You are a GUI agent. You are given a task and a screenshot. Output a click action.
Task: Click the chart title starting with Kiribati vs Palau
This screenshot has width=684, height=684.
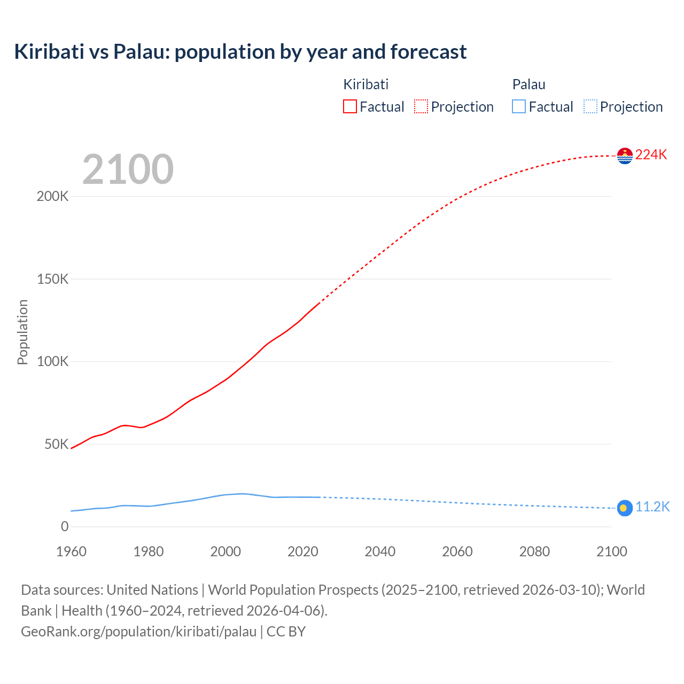pos(240,52)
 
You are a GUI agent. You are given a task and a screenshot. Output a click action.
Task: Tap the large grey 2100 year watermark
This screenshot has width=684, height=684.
pos(128,169)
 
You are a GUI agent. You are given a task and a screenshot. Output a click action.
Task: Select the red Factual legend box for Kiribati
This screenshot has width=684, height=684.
pos(349,107)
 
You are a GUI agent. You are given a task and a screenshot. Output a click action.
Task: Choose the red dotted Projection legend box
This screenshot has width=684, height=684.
pos(421,107)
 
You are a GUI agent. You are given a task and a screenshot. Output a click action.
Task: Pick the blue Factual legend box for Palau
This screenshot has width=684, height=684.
pos(519,107)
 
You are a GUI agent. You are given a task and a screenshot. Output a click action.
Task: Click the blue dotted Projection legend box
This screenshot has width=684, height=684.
pos(590,107)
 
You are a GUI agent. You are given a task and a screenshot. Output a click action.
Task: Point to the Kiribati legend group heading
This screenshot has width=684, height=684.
pos(366,84)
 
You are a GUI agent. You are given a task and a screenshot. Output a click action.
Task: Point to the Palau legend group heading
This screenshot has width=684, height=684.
pos(528,84)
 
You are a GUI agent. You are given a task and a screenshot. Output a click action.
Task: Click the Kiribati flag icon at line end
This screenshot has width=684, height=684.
pos(624,156)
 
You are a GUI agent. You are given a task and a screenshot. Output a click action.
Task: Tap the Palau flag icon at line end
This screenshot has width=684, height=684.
pos(624,508)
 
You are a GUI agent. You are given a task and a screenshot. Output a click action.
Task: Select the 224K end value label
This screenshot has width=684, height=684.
pos(651,155)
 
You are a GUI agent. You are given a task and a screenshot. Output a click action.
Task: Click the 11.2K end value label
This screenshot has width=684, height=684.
pos(652,507)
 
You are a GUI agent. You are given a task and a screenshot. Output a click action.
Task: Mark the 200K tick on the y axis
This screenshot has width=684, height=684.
pos(52,196)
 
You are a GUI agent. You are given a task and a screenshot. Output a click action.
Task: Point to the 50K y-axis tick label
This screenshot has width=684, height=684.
pos(56,444)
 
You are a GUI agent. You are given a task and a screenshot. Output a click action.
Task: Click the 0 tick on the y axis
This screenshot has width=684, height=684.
pos(65,527)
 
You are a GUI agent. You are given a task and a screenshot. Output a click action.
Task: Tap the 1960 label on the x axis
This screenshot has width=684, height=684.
pos(71,551)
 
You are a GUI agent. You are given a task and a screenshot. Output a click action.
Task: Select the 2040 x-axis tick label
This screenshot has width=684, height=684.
pos(380,551)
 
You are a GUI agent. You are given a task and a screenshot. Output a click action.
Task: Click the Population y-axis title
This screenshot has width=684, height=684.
pos(22,332)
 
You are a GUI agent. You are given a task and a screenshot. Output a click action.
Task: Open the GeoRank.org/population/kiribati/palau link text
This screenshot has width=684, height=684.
pos(139,632)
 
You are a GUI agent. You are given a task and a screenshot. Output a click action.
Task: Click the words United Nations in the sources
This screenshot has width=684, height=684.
pos(152,590)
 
